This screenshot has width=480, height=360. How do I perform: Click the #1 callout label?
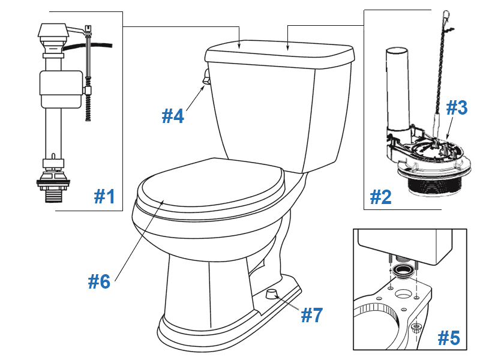click(x=104, y=196)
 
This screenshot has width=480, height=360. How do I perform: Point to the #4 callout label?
click(x=173, y=115)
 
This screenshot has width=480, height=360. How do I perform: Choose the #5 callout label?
click(x=448, y=338)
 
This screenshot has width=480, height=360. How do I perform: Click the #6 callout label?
click(x=99, y=281)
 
